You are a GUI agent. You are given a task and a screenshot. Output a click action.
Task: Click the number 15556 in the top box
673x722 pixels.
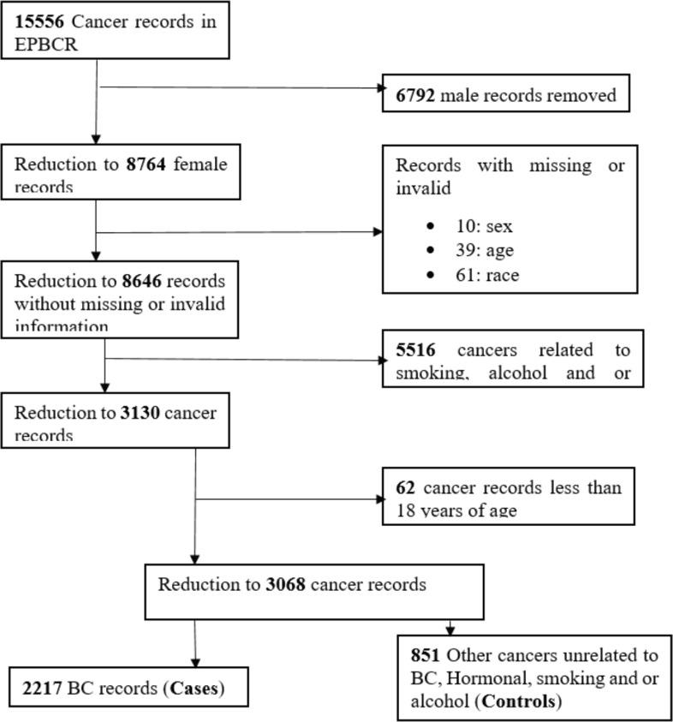click(39, 21)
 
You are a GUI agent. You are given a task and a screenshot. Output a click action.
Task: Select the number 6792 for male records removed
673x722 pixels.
click(414, 95)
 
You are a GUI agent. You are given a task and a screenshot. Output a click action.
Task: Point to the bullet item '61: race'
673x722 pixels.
click(487, 274)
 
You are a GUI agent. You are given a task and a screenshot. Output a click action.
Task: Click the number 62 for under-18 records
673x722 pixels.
click(405, 487)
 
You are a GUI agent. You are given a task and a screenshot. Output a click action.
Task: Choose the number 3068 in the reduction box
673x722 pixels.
click(280, 585)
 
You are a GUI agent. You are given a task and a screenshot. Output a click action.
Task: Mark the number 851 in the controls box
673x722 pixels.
click(426, 656)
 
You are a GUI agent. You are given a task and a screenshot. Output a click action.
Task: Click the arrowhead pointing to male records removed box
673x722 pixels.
click(377, 87)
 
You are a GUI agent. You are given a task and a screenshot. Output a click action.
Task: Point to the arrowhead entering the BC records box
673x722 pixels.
click(195, 662)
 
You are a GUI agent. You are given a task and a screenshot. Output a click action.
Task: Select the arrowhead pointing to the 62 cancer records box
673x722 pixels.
click(377, 498)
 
